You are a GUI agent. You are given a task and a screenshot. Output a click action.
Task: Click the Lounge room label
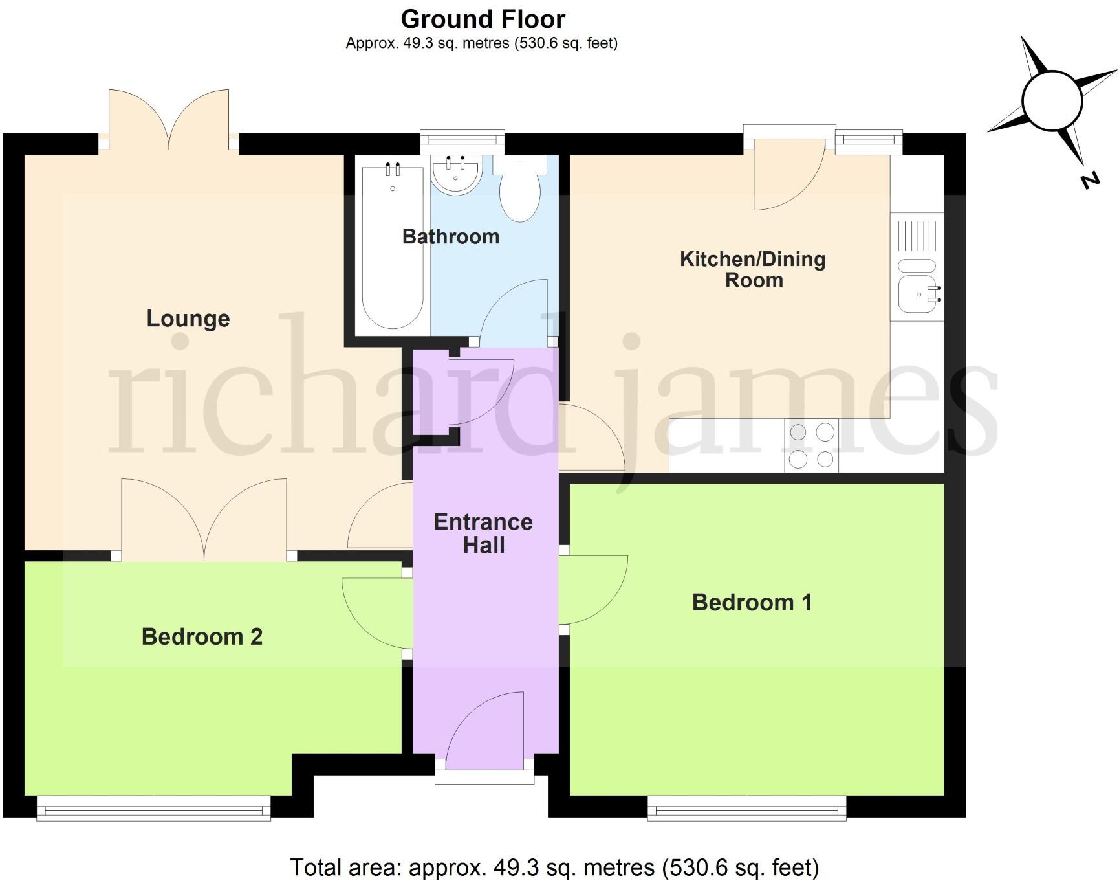pyautogui.click(x=188, y=319)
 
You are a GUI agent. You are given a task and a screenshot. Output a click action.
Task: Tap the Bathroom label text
pyautogui.click(x=451, y=237)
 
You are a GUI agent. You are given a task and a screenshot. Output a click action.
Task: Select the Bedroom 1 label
pyautogui.click(x=752, y=603)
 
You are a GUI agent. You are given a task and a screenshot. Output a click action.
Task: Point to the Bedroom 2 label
pyautogui.click(x=202, y=637)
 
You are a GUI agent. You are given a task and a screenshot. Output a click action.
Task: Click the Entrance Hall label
pyautogui.click(x=483, y=533)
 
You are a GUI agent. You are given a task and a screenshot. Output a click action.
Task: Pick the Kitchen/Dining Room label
pyautogui.click(x=754, y=269)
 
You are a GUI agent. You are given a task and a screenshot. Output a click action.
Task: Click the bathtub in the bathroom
pyautogui.click(x=393, y=246)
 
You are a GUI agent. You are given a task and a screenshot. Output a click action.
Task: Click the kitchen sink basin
pyautogui.click(x=917, y=295)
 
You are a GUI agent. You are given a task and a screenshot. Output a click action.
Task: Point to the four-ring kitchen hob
pyautogui.click(x=811, y=445)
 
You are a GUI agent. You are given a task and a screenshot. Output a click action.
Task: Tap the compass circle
pyautogui.click(x=1052, y=101)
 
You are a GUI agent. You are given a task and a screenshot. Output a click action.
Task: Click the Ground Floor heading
pyautogui.click(x=483, y=19)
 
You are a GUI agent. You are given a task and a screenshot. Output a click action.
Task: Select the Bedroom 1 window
pyautogui.click(x=746, y=808)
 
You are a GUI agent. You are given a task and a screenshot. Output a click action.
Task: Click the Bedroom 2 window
pyautogui.click(x=153, y=808)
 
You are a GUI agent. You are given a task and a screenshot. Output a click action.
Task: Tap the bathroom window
pyautogui.click(x=462, y=139)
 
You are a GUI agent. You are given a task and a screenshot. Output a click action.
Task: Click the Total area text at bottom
pyautogui.click(x=554, y=867)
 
